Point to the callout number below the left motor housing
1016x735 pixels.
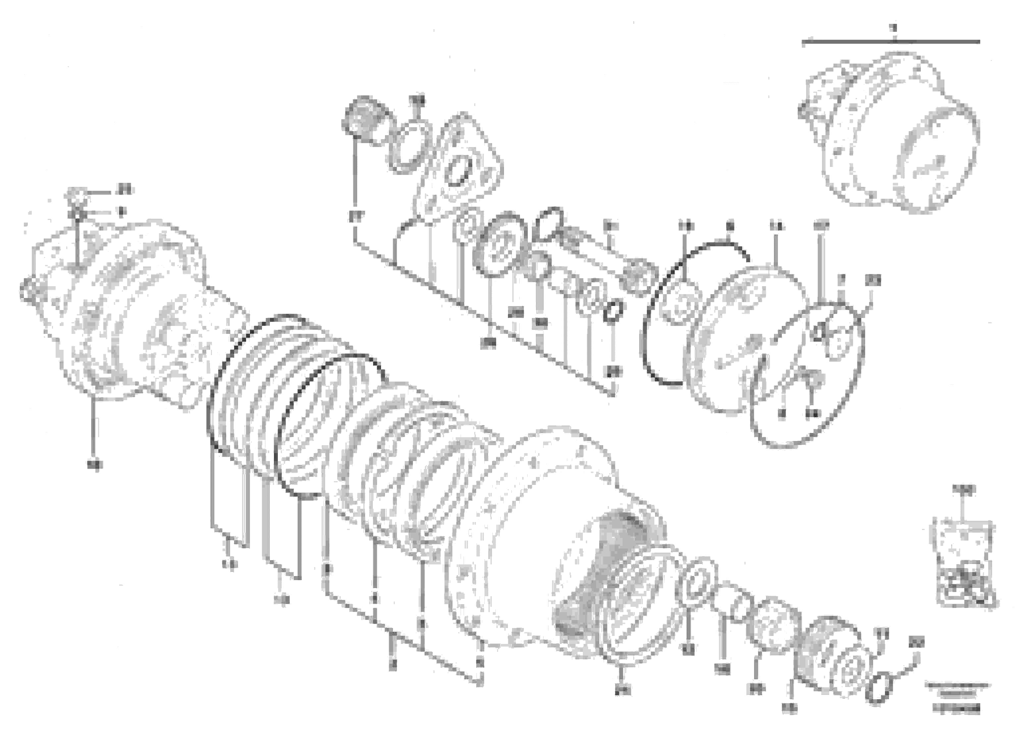(x=94, y=465)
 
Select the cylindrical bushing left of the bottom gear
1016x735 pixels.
(x=773, y=623)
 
